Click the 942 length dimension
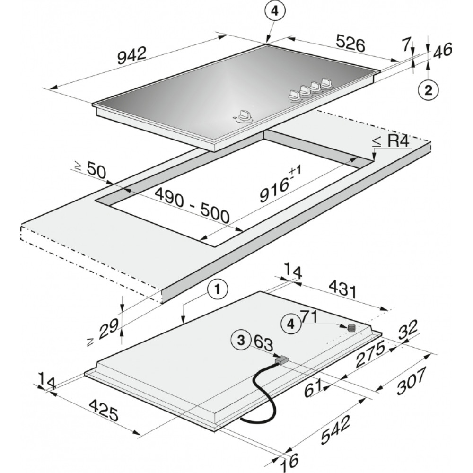click(x=132, y=55)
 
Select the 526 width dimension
click(x=350, y=44)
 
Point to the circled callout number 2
click(x=428, y=90)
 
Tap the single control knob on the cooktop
click(x=243, y=116)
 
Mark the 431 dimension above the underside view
click(x=342, y=289)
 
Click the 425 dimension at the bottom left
click(x=103, y=410)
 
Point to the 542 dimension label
click(x=335, y=429)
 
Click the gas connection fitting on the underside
click(x=351, y=328)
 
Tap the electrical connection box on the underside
click(x=282, y=359)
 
